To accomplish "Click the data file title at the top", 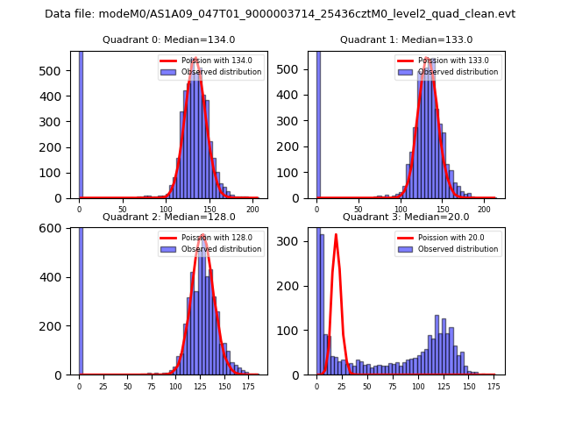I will coord(280,14).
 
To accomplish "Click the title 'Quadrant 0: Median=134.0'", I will coord(169,39).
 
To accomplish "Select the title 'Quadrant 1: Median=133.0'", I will coord(406,39).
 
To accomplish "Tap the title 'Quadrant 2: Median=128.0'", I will coord(169,217).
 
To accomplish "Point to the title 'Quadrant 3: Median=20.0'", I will coord(406,217).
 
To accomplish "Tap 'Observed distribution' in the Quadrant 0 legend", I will coord(221,72).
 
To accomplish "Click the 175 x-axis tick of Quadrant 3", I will coord(494,387).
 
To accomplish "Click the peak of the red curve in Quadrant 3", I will coord(336,234).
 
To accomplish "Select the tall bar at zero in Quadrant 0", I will coord(81,123).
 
